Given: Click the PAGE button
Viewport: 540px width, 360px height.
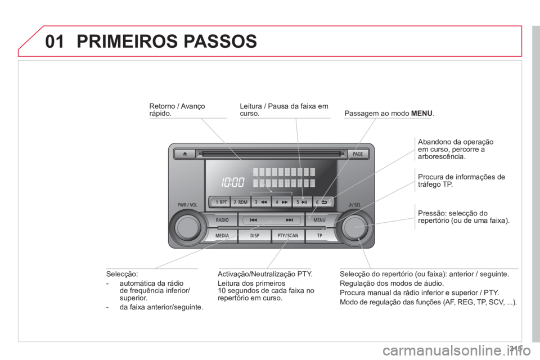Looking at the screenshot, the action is click(358, 154).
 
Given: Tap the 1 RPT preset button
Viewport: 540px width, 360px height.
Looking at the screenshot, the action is click(220, 202).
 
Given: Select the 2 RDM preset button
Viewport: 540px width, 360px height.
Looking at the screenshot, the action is click(240, 202).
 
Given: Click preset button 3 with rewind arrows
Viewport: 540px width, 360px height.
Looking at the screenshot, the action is click(261, 202).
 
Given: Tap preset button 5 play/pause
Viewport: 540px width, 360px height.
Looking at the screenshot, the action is click(301, 202).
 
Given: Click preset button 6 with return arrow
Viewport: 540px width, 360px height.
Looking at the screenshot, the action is click(322, 202).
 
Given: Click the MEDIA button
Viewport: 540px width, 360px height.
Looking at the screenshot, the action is click(222, 236).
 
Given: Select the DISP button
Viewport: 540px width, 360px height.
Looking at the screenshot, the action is click(255, 236).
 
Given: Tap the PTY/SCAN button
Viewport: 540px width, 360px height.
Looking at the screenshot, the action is click(288, 236).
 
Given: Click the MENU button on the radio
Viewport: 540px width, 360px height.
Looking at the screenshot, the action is click(319, 220).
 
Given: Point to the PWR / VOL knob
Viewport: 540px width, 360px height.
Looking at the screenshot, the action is click(188, 227).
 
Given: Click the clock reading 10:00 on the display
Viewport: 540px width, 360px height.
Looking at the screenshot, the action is click(233, 182).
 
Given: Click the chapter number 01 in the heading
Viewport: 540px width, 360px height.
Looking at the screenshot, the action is click(55, 41).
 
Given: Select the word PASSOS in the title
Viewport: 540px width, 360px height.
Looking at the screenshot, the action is click(220, 41).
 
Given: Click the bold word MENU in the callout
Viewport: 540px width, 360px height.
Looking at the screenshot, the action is click(421, 113).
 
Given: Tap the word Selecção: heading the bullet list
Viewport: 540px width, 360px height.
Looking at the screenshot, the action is click(122, 274).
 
